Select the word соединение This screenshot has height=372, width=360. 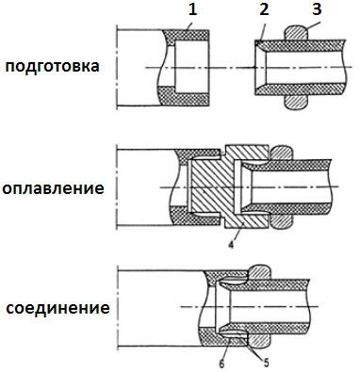pos(55,308)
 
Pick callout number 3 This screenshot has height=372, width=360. pos(316,10)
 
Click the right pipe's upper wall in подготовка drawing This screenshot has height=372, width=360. pos(302,45)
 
